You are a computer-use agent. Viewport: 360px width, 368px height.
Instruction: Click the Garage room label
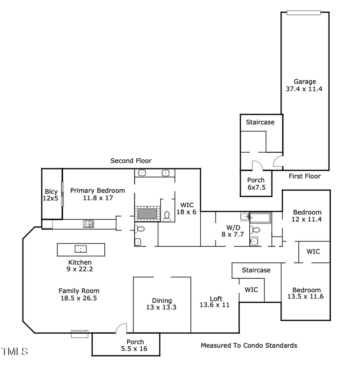[x=305, y=85]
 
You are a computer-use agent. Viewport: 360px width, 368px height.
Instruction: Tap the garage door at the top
[x=304, y=13]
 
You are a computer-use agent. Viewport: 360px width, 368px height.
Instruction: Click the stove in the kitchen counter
[x=88, y=223]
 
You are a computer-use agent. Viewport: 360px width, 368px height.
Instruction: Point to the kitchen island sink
[x=81, y=249]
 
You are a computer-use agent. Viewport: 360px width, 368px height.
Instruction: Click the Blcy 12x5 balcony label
[x=51, y=195]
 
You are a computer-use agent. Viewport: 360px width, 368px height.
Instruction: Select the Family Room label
[x=79, y=294]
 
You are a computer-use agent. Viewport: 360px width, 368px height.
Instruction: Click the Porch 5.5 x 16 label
[x=135, y=345]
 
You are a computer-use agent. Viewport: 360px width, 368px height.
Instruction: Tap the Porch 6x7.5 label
[x=256, y=184]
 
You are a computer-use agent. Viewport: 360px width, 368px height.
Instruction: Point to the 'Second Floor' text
[x=131, y=161]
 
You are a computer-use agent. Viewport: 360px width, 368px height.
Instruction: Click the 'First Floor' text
[x=305, y=176]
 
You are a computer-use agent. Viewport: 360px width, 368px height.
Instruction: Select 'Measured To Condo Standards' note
[x=249, y=345]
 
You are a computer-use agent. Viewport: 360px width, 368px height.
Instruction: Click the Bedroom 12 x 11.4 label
[x=307, y=216]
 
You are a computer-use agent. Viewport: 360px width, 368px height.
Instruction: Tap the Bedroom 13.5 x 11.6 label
[x=306, y=293]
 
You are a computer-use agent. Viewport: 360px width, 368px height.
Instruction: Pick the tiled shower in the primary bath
[x=148, y=213]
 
